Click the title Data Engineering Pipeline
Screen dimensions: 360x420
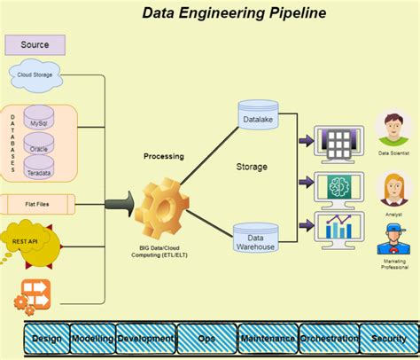click(x=234, y=13)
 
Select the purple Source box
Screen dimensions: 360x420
click(x=35, y=44)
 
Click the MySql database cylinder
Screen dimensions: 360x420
click(x=39, y=122)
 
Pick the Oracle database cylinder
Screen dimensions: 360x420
click(x=39, y=146)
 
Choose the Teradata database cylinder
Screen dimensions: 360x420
click(x=39, y=170)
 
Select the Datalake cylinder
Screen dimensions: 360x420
click(x=256, y=116)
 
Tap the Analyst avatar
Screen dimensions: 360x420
click(x=393, y=189)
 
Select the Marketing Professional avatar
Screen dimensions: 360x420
click(x=393, y=240)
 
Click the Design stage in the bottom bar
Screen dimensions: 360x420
click(x=46, y=339)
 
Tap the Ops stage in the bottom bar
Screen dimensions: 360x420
click(x=206, y=339)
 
